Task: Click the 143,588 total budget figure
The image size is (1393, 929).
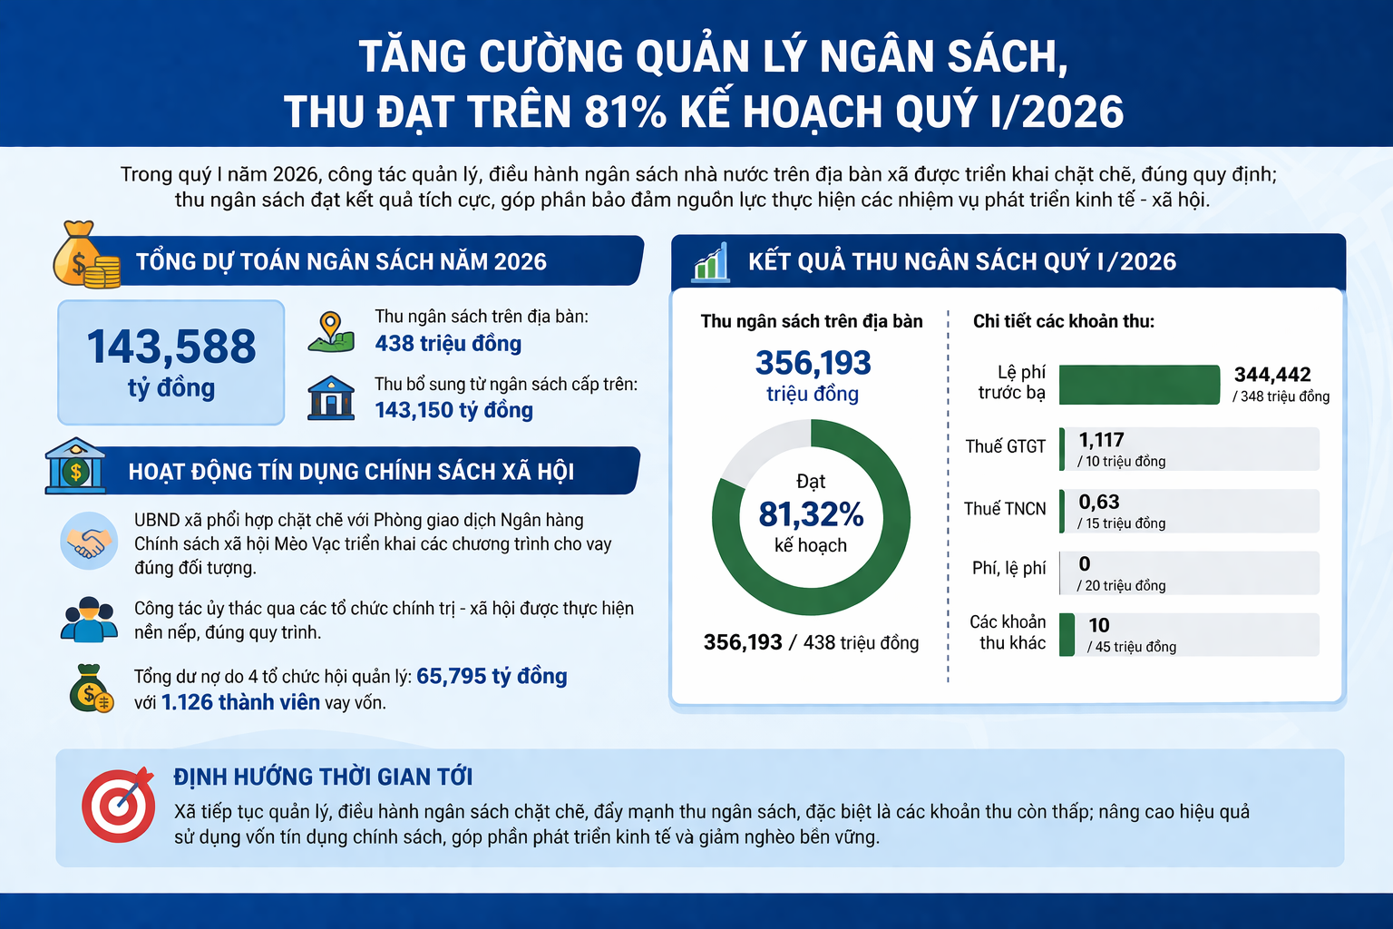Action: tap(171, 347)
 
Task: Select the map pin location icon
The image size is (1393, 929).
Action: tap(331, 332)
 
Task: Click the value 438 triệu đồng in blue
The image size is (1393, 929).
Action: tap(448, 344)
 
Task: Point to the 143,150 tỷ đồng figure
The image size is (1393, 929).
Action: tap(454, 411)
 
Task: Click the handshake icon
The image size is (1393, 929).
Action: tap(89, 541)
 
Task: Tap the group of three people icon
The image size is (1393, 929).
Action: tap(89, 619)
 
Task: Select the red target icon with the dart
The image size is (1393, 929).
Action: tap(118, 805)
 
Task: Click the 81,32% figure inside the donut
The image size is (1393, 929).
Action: tap(811, 514)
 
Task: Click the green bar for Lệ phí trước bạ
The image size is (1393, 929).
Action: tap(1139, 385)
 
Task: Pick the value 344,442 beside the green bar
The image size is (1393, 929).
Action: tap(1272, 375)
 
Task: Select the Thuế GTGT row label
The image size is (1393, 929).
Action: tap(1006, 446)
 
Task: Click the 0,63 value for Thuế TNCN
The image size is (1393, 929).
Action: tap(1099, 502)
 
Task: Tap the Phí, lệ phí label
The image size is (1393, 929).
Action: tap(1008, 568)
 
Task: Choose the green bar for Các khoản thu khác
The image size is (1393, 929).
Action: tap(1067, 635)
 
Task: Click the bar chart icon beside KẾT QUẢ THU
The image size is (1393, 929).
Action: tap(711, 262)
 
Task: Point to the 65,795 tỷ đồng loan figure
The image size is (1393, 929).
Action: tap(492, 677)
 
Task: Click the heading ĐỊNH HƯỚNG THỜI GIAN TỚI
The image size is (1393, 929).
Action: tap(324, 777)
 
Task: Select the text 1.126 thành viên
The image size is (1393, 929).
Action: tap(240, 702)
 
